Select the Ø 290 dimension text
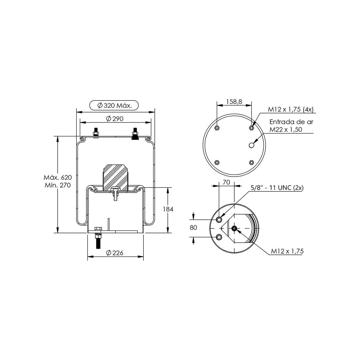pyautogui.click(x=115, y=118)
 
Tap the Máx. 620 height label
pyautogui.click(x=58, y=177)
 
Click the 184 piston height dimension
pyautogui.click(x=168, y=209)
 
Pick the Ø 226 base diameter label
pyautogui.click(x=115, y=253)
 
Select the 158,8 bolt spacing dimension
pyautogui.click(x=234, y=102)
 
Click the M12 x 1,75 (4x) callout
pyautogui.click(x=290, y=109)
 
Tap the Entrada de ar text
pyautogui.click(x=291, y=122)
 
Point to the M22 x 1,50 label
pyautogui.click(x=286, y=129)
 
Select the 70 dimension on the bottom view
pyautogui.click(x=226, y=182)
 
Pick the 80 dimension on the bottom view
pyautogui.click(x=193, y=227)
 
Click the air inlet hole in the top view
pyautogui.click(x=252, y=145)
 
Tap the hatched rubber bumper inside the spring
pyautogui.click(x=116, y=177)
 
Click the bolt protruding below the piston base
pyautogui.click(x=97, y=240)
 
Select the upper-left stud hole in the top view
pyautogui.click(x=217, y=128)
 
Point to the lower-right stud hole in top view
pyautogui.click(x=251, y=162)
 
